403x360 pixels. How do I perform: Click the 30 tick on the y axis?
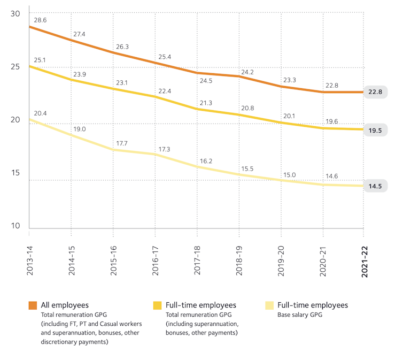click(15, 13)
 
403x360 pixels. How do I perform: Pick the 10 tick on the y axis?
click(15, 226)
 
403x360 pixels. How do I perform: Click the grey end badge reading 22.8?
click(375, 92)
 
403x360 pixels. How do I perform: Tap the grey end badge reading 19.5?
click(375, 130)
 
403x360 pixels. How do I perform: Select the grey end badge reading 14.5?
click(375, 186)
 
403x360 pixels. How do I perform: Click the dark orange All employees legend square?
click(33, 305)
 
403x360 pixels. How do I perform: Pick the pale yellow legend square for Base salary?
click(270, 305)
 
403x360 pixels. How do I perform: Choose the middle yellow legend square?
click(157, 305)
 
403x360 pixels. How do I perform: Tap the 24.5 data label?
click(206, 81)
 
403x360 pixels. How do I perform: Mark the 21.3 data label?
click(206, 102)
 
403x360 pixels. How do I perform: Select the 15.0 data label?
click(290, 174)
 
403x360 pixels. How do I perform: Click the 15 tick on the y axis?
click(15, 173)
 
